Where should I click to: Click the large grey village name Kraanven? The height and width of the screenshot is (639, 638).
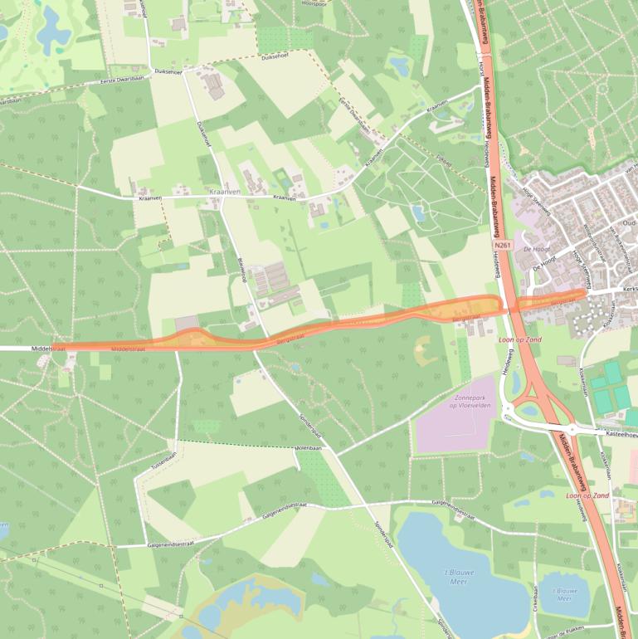click(224, 192)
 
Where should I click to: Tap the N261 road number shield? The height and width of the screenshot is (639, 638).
click(503, 246)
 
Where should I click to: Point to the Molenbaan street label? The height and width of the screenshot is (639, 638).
click(308, 448)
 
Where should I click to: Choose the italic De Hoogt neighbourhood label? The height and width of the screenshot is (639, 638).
click(538, 249)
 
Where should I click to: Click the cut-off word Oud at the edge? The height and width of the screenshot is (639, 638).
click(630, 222)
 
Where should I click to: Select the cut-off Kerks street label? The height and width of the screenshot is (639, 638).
click(628, 289)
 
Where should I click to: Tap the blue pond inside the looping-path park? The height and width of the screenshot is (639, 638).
click(419, 214)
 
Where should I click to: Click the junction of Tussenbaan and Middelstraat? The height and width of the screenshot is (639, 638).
click(177, 349)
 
